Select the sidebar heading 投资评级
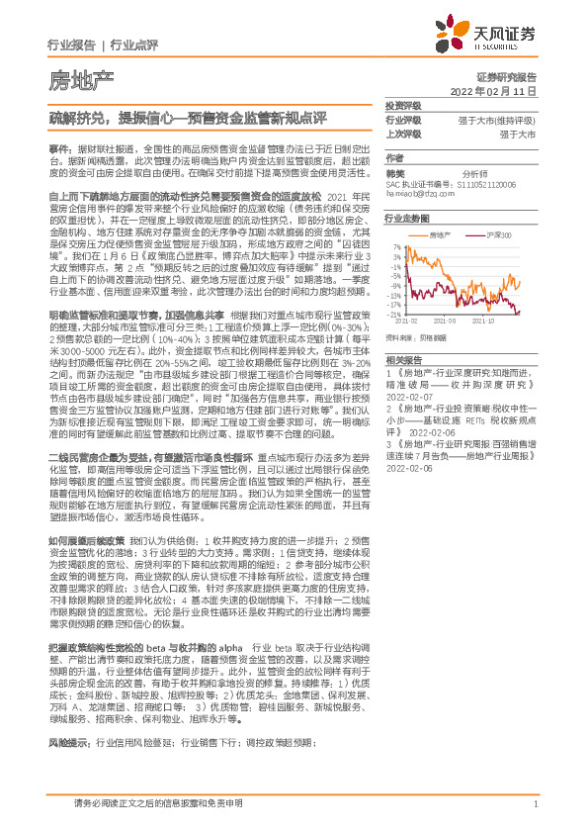pyautogui.click(x=402, y=105)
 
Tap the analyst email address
pyautogui.click(x=414, y=195)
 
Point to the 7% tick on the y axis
pyautogui.click(x=393, y=246)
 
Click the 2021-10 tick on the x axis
pyautogui.click(x=489, y=321)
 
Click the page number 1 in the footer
pyautogui.click(x=534, y=814)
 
